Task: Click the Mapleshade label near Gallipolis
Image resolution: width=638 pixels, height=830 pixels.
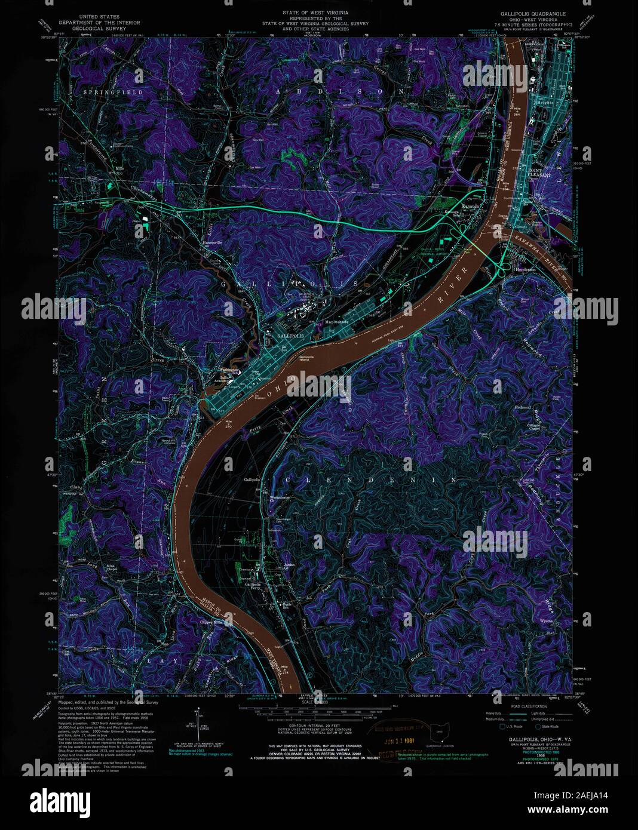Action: coord(337,321)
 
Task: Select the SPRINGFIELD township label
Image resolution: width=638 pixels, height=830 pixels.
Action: coord(105,93)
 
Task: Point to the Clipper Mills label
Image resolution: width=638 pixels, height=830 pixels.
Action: coord(214,622)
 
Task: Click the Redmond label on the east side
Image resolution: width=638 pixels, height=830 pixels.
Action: coord(523,407)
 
